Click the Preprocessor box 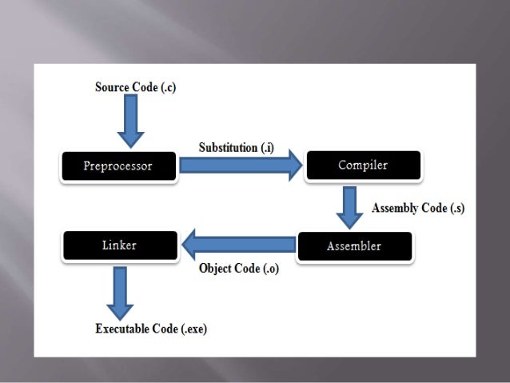118,166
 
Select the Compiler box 362,166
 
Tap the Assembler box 354,245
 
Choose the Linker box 119,245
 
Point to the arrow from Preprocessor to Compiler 240,166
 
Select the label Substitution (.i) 239,147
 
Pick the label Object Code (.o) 239,269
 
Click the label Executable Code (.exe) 151,329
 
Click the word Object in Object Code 216,269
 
